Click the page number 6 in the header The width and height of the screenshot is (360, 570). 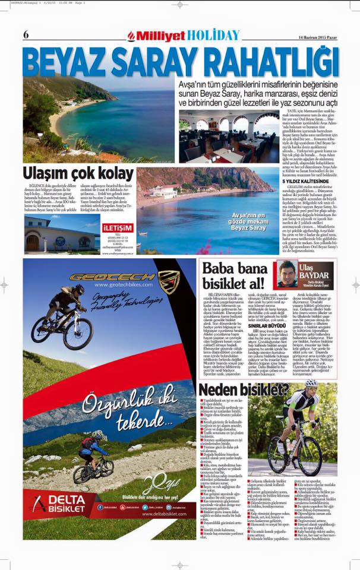coord(26,35)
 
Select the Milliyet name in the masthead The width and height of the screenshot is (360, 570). coord(159,36)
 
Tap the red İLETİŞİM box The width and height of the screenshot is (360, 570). coord(118,227)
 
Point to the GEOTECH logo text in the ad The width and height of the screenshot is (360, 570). coord(113,276)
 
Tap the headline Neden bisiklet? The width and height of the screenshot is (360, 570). coord(244,390)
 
